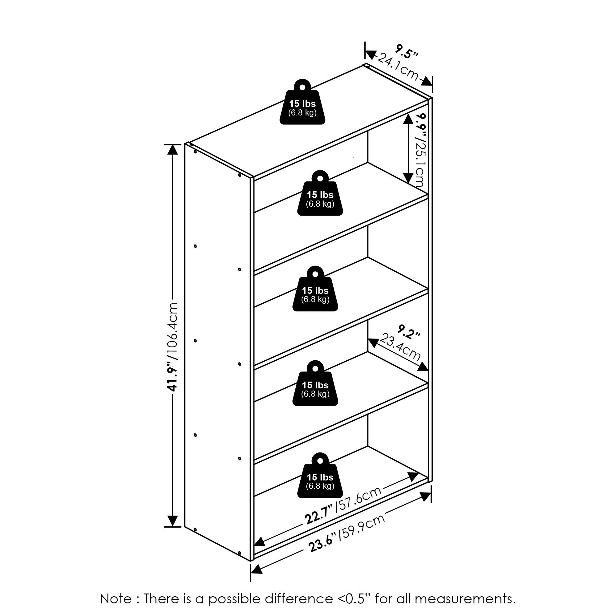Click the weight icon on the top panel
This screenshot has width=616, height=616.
pyautogui.click(x=302, y=102)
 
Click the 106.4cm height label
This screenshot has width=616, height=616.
pyautogui.click(x=172, y=330)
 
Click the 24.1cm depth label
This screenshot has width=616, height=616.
pyautogui.click(x=398, y=70)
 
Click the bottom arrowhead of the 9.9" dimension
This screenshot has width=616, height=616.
pyautogui.click(x=408, y=178)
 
